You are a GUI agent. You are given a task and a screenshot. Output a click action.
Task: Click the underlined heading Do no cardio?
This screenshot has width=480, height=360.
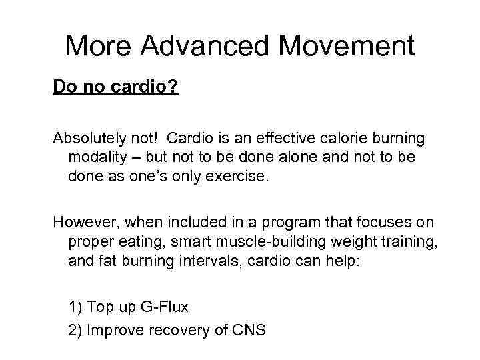(x=115, y=87)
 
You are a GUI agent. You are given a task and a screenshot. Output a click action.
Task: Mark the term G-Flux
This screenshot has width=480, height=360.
(x=164, y=307)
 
